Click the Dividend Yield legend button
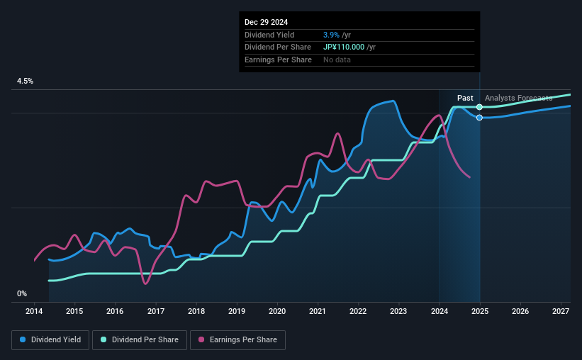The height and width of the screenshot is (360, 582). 50,340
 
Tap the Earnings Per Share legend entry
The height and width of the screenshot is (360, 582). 238,340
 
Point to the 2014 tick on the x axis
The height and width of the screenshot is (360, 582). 34,311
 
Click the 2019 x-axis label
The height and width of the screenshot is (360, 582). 237,311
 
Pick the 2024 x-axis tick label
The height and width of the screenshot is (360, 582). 439,311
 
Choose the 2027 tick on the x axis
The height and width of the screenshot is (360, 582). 560,311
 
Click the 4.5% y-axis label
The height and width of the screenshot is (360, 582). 26,81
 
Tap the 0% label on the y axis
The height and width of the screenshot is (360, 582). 22,293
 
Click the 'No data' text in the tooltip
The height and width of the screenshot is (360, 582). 337,60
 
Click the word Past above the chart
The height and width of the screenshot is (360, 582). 465,98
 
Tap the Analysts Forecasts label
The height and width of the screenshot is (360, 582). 518,98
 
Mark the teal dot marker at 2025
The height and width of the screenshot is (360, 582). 480,107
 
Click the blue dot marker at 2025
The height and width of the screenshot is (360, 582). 480,118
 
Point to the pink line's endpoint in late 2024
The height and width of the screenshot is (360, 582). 469,177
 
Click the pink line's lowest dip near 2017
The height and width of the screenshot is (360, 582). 145,283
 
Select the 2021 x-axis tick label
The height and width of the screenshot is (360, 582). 318,311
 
